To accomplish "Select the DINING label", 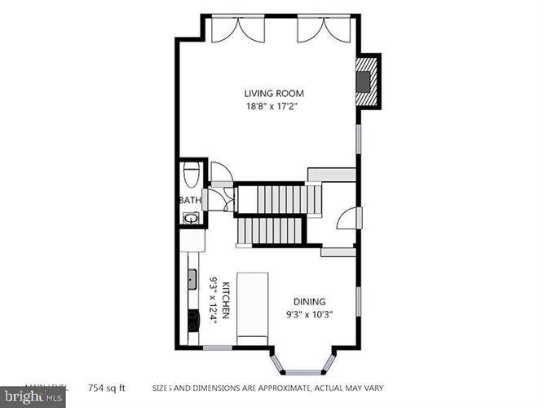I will point(310,299).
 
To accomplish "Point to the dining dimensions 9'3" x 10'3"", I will point(310,313).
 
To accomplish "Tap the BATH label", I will point(189,200).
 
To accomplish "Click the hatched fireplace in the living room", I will point(368,80).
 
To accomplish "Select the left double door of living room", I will point(230,29).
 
